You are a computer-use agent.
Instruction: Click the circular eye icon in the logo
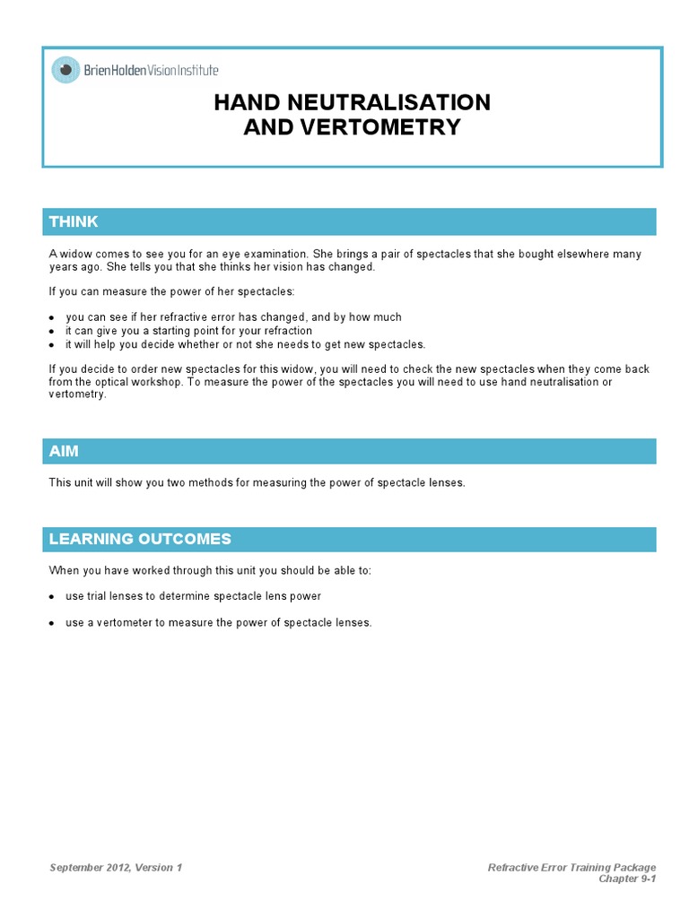click(x=65, y=70)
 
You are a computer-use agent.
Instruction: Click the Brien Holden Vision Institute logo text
click(x=151, y=70)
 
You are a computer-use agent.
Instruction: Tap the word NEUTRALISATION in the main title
click(x=401, y=102)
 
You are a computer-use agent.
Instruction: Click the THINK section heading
click(x=74, y=221)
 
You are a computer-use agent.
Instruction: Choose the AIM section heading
click(x=64, y=451)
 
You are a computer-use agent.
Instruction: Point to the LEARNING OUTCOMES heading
click(x=140, y=539)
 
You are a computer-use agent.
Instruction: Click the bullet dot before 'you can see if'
click(x=52, y=318)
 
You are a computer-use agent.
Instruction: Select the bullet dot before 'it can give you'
click(x=52, y=332)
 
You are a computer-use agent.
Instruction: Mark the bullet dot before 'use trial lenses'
click(x=52, y=597)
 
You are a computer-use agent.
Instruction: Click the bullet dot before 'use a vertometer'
click(x=52, y=623)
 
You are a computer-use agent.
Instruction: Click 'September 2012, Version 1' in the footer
click(x=116, y=867)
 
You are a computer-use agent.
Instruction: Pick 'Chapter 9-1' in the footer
click(x=627, y=879)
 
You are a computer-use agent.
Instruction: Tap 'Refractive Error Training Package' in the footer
click(x=571, y=867)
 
